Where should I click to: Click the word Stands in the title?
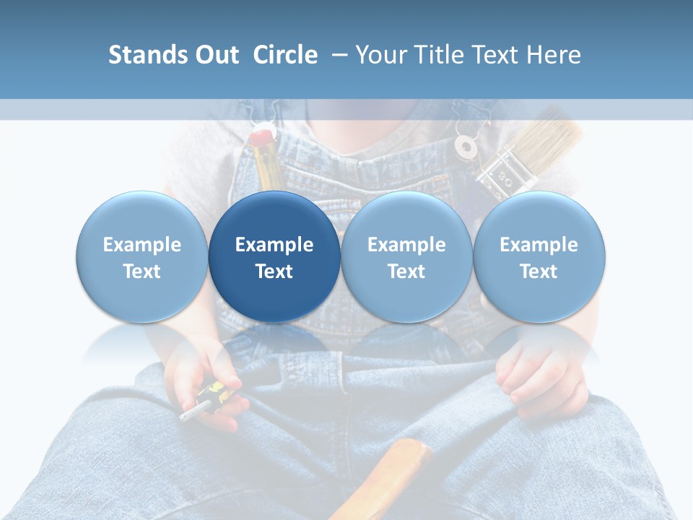(x=143, y=55)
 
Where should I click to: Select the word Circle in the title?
(x=285, y=55)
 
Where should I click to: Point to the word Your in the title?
(x=381, y=55)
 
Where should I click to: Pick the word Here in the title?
(x=554, y=55)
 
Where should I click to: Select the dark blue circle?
(x=274, y=256)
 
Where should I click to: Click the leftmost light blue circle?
(x=142, y=256)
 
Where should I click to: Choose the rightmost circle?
(x=539, y=256)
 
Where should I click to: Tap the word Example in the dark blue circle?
(x=274, y=245)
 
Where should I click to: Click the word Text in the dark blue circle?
(x=274, y=272)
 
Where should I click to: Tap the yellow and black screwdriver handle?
(x=214, y=394)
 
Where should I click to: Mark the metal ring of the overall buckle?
(x=466, y=147)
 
